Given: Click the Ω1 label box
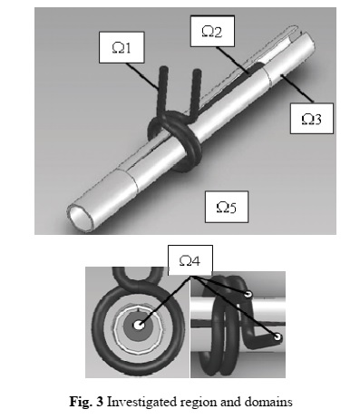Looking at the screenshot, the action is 122,47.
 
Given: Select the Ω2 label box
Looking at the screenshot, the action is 212,32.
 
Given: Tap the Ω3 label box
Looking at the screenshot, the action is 312,119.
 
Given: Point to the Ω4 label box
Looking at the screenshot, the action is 190,260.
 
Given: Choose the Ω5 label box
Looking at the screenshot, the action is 227,207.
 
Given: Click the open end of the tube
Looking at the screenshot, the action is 81,217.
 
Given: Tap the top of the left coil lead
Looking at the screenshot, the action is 163,69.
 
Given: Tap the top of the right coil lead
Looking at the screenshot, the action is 197,73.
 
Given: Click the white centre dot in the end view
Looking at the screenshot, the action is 139,326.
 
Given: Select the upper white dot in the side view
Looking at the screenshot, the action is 248,294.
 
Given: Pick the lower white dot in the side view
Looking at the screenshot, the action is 277,336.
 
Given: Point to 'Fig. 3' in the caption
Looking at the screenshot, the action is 86,403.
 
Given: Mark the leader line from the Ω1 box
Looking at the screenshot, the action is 142,76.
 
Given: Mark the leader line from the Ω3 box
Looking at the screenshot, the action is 297,88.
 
